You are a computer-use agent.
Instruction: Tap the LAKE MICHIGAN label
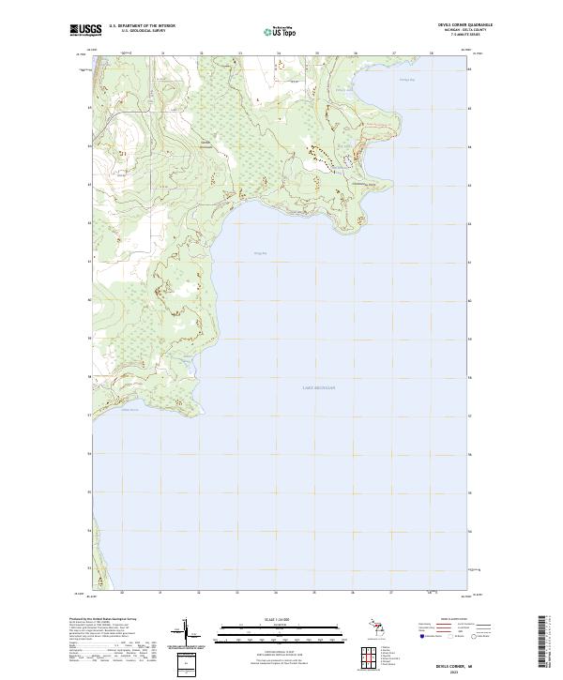[319, 386]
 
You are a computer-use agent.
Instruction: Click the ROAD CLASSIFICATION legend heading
[454, 620]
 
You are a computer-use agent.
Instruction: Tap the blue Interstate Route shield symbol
[423, 637]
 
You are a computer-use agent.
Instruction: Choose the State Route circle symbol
[475, 637]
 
